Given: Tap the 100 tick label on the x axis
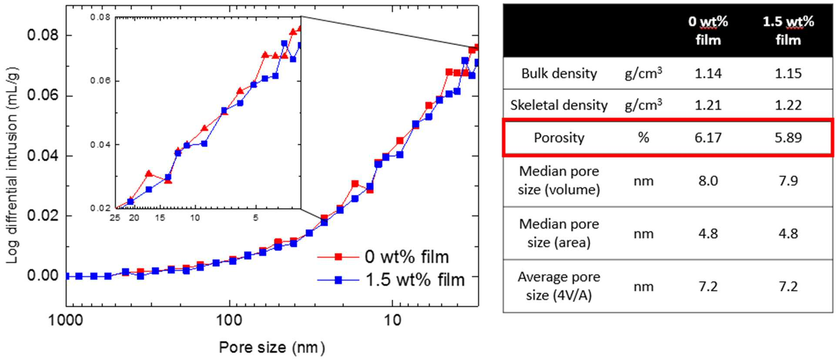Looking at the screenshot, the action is coord(229,321).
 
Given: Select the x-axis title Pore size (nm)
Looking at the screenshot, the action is coord(272,347).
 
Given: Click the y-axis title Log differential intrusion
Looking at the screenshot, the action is coord(13,165).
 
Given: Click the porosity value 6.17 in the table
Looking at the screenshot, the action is coord(708,138).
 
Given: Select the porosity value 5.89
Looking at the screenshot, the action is coord(788,138).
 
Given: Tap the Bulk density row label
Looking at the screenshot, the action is coord(559,74).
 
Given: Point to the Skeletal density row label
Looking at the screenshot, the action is coord(559,105).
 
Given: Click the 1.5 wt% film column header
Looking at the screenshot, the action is coord(788,30).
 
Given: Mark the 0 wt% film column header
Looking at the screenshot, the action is coord(708,30).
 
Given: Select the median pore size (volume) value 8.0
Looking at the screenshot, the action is coord(708,181).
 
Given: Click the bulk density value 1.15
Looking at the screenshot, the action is coord(788,74).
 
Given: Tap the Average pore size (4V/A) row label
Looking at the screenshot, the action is coord(559,286).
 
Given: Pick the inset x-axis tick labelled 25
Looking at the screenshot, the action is coord(115,217).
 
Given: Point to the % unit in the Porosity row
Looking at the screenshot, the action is coord(644,138).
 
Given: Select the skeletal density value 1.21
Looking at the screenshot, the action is coord(708,105).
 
